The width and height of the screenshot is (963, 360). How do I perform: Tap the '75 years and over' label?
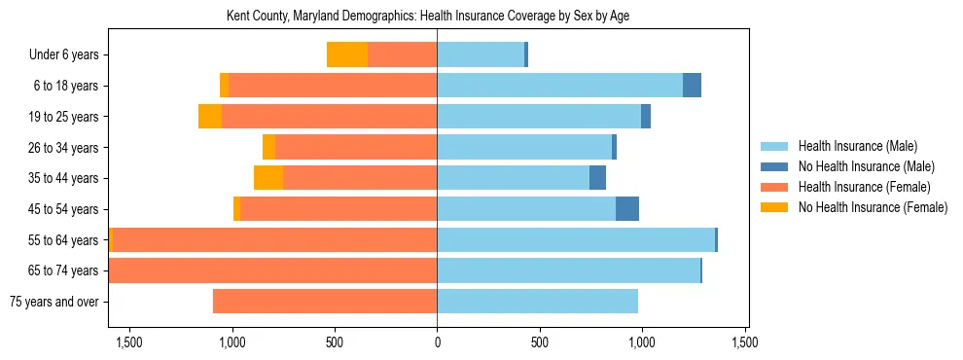click(x=54, y=302)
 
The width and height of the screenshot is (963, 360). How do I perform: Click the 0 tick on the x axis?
click(x=437, y=342)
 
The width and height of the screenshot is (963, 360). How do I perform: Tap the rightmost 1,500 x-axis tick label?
click(x=744, y=342)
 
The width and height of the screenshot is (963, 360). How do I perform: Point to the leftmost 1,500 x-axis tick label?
click(x=129, y=342)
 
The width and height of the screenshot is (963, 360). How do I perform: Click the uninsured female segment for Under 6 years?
click(x=347, y=55)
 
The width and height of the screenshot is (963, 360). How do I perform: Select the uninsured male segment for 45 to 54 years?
click(x=627, y=209)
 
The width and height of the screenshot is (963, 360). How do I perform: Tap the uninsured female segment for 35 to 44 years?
click(x=268, y=178)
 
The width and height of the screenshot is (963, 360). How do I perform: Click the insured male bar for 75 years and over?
click(x=537, y=302)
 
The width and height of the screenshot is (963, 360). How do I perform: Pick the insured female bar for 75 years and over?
click(x=325, y=302)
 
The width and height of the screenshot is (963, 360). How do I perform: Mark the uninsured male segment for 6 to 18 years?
click(x=692, y=86)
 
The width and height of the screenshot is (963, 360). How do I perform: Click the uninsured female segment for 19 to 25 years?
click(x=210, y=117)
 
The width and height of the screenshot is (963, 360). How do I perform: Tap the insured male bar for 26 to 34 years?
click(x=524, y=148)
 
